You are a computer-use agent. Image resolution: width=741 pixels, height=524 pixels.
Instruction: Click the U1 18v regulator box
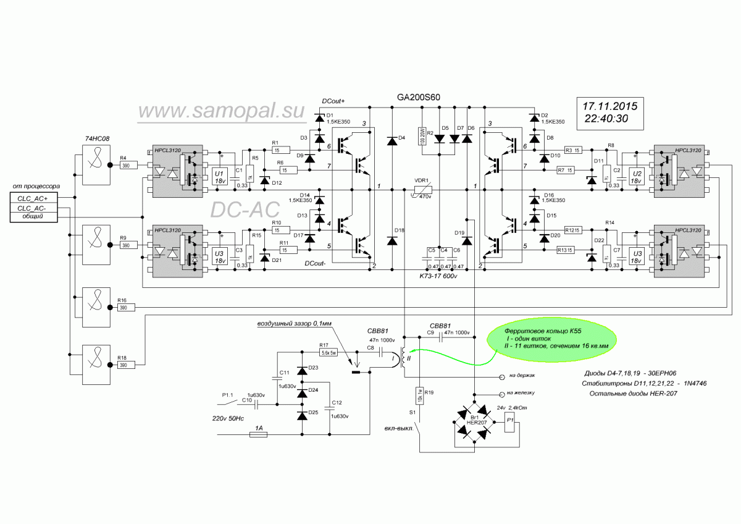219,177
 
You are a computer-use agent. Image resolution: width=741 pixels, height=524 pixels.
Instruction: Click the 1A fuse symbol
257,435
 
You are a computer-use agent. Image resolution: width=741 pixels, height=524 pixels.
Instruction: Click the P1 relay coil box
510,423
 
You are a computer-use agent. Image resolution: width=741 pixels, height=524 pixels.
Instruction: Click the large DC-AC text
241,210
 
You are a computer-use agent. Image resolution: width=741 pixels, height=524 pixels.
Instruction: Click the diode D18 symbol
391,240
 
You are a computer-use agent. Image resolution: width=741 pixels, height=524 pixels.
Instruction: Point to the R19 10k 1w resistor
419,394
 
